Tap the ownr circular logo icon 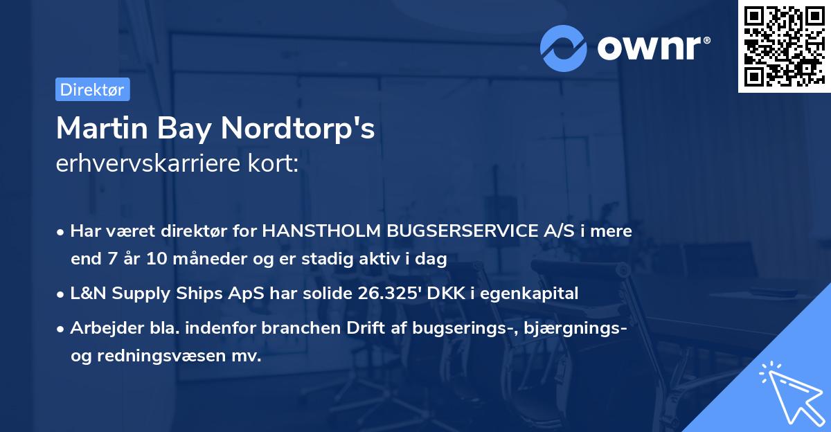tap(564, 48)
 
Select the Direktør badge tap(92, 89)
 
